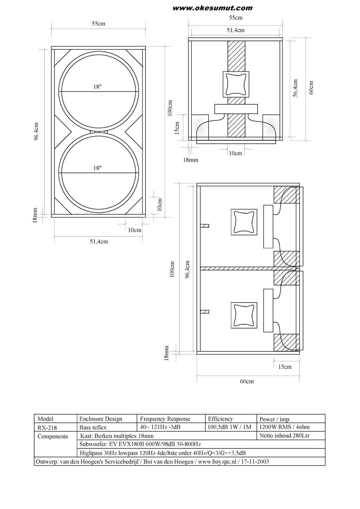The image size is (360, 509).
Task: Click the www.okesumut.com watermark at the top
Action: click(212, 8)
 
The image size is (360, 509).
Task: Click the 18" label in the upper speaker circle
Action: click(97, 87)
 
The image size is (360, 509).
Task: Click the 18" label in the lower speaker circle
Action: click(97, 168)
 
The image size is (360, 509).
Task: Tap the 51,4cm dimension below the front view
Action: click(99, 241)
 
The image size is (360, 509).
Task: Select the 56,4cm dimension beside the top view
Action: click(295, 88)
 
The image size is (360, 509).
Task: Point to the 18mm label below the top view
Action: click(190, 160)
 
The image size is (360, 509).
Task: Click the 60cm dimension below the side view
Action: click(247, 381)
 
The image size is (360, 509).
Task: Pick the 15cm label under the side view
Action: click(285, 367)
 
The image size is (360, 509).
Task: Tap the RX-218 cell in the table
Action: click(47, 428)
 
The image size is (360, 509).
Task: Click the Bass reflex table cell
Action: click(93, 428)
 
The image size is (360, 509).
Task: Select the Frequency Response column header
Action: click(165, 419)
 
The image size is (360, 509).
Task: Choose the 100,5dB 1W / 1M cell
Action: click(229, 427)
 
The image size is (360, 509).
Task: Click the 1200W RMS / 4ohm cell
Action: click(284, 427)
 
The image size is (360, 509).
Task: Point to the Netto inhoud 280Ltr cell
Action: click(284, 436)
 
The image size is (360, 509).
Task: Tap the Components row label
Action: click(53, 436)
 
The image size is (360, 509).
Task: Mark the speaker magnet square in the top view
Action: click(236, 84)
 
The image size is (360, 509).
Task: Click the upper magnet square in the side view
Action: click(244, 222)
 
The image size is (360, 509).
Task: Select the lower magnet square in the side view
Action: click(244, 315)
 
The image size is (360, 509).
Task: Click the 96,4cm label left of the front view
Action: click(37, 131)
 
